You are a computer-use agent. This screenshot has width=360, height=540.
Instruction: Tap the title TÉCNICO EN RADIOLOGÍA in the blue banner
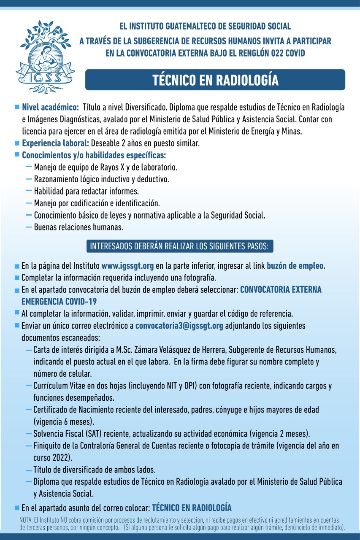215,80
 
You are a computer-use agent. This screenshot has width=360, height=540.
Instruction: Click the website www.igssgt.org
127,266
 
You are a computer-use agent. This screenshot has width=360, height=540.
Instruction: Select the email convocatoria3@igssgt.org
179,326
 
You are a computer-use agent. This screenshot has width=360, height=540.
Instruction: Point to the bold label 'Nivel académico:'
50,107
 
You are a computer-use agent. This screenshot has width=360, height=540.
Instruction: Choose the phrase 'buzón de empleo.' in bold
296,266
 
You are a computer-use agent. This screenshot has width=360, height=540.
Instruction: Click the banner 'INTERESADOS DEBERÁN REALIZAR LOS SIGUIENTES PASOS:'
180,246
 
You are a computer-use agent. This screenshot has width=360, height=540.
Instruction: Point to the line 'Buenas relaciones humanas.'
78,227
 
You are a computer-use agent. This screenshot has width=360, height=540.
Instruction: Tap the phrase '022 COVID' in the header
287,53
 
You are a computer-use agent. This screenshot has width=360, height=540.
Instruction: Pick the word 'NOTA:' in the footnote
27,519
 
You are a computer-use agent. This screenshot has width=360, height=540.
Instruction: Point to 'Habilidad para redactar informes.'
87,191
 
